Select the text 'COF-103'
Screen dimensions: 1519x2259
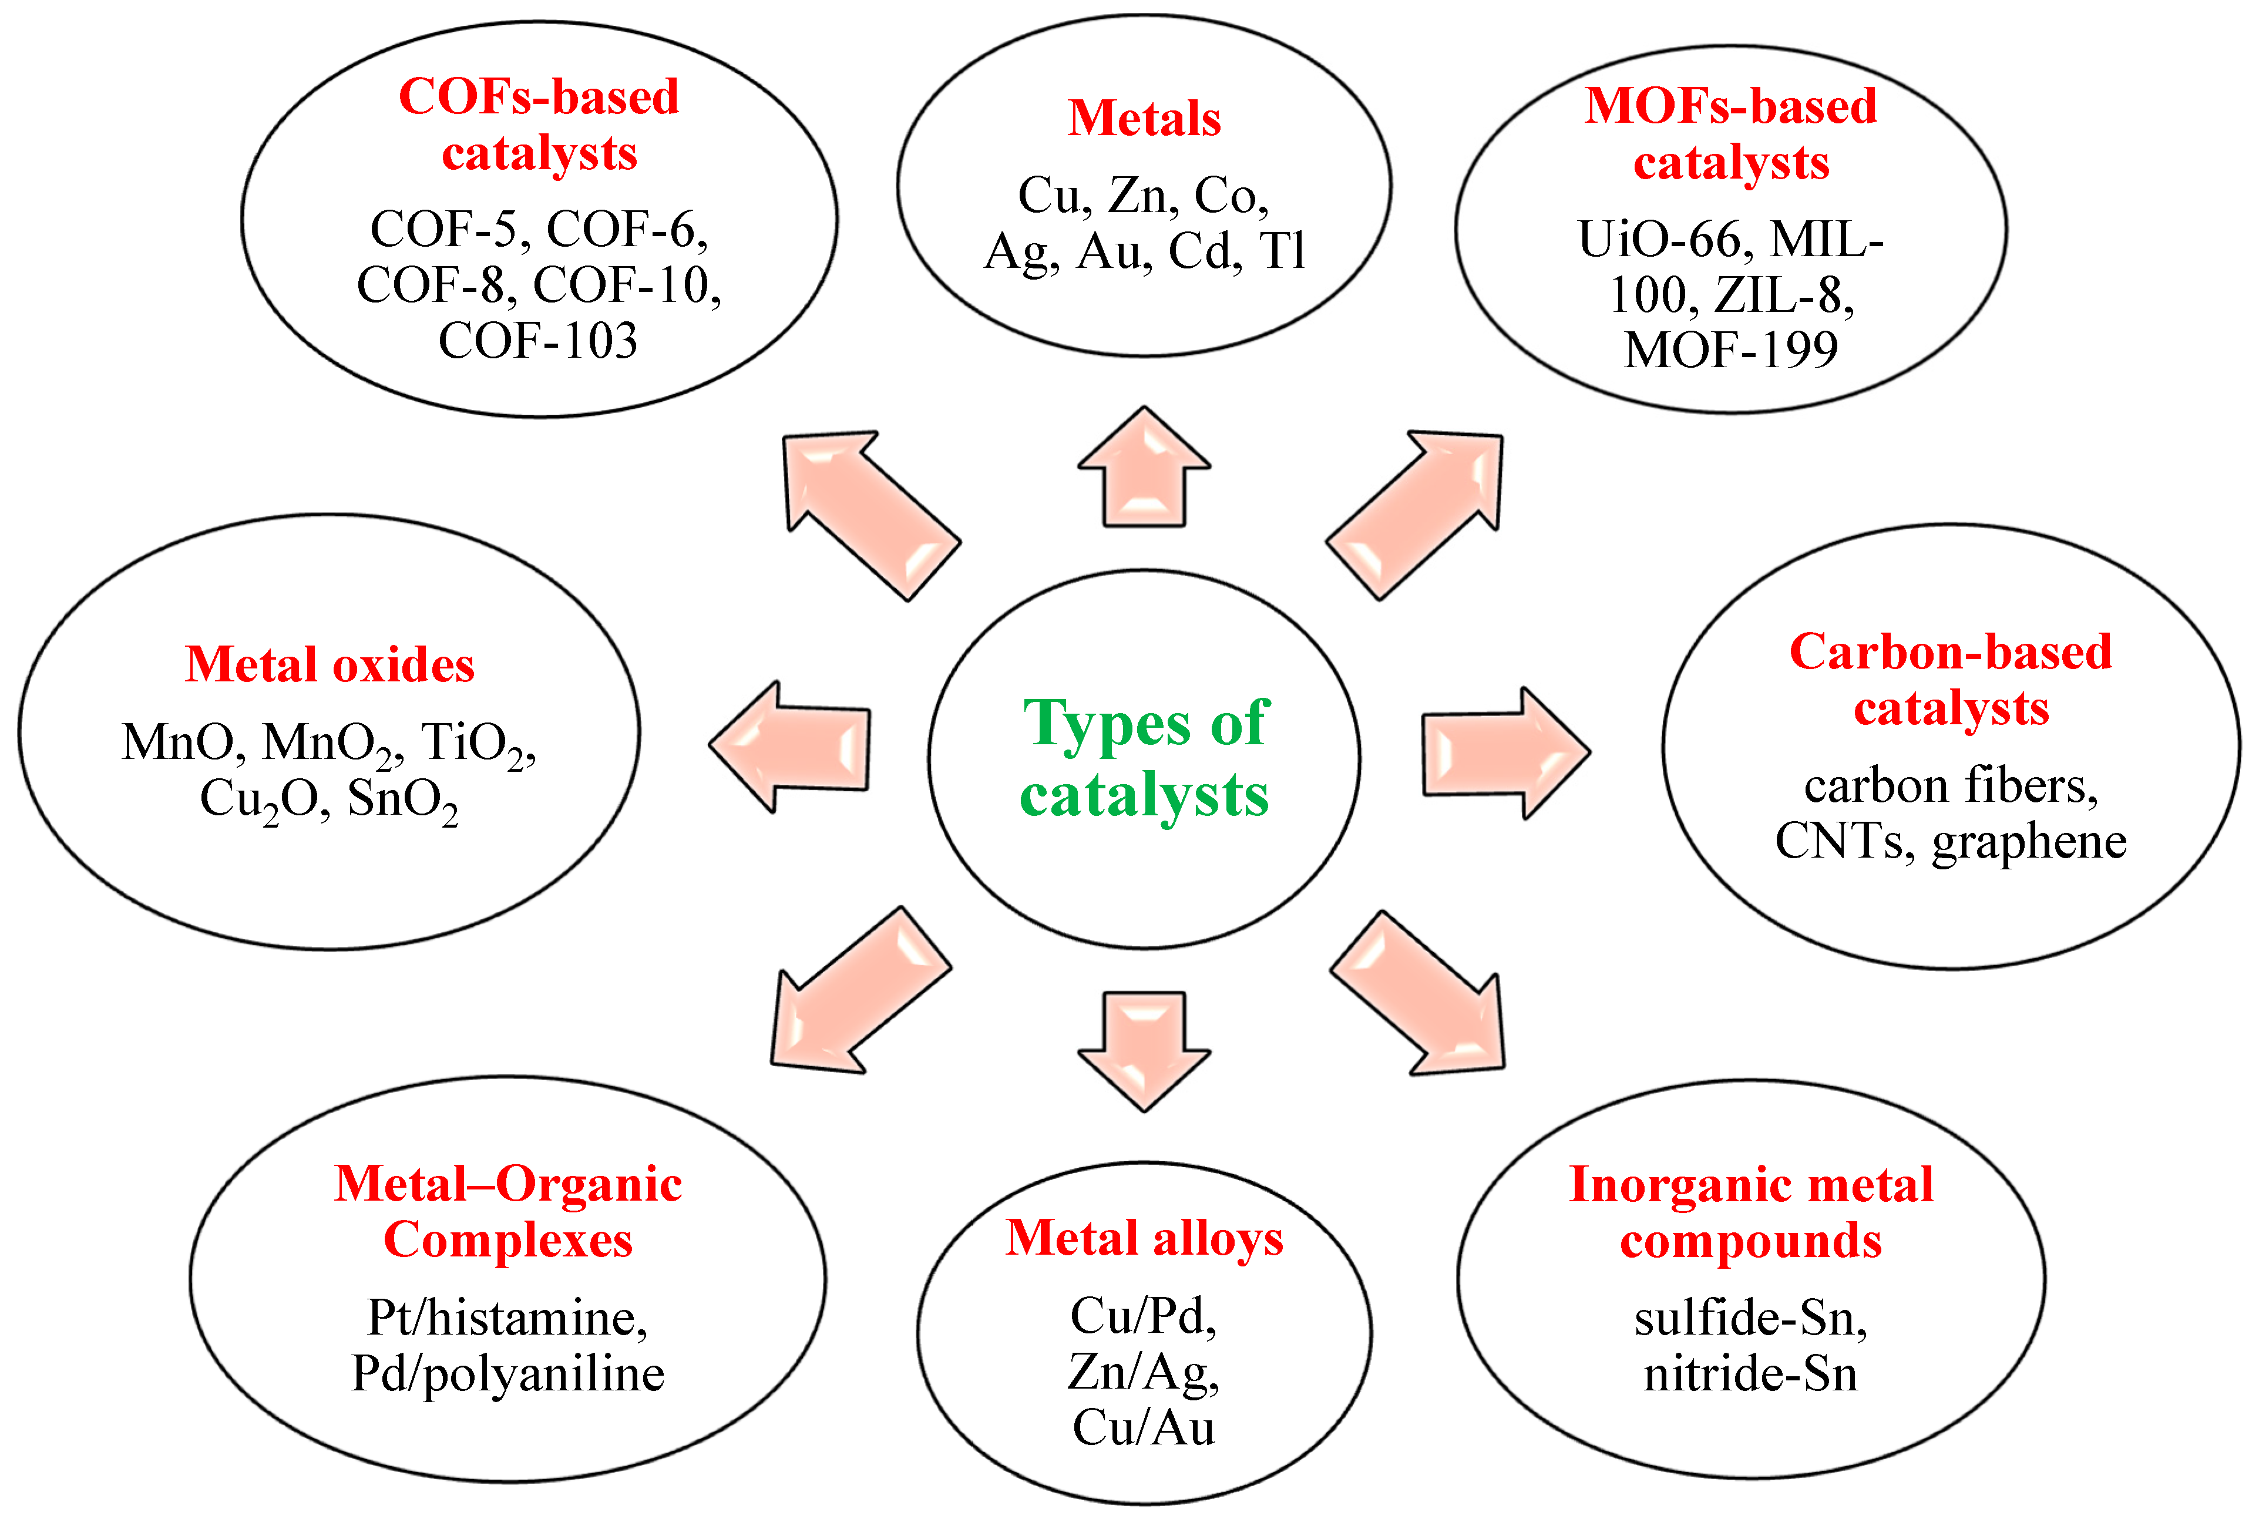539,341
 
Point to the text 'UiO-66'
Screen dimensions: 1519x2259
1664,239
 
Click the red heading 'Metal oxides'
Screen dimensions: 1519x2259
330,664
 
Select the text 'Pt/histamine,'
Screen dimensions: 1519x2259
507,1318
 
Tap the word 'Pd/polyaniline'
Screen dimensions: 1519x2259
507,1374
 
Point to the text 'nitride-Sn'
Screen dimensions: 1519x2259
1750,1374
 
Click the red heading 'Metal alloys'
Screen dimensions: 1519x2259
1144,1238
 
